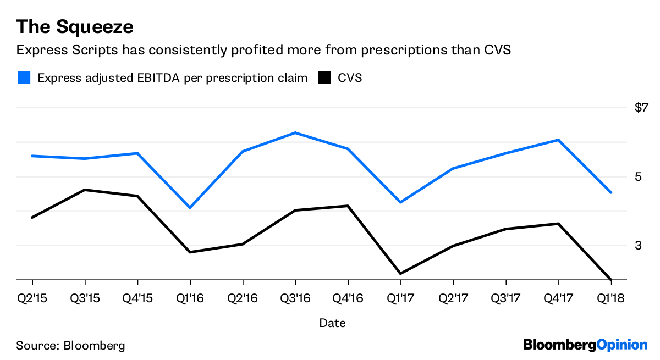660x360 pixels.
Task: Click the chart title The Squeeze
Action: coord(75,26)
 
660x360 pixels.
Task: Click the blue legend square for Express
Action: coord(24,77)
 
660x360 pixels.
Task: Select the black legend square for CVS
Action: coord(324,77)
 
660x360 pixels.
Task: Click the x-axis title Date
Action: coord(332,323)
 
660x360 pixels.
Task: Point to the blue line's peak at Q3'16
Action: coord(295,132)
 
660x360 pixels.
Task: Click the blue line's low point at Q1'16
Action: coord(190,208)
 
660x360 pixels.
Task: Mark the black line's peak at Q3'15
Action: coord(85,190)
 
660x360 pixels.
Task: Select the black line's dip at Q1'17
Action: coord(400,273)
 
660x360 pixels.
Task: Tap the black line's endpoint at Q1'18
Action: coord(610,279)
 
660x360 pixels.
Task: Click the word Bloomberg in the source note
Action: coord(94,346)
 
